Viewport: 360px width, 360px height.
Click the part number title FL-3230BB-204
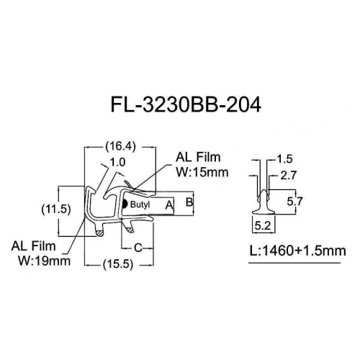click(186, 105)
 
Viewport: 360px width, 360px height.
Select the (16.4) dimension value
click(120, 146)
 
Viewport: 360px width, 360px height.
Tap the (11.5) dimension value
click(56, 210)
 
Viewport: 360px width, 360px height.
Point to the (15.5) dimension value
click(118, 264)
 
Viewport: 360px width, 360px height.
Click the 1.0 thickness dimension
click(117, 162)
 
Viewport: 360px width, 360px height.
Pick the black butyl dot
click(125, 204)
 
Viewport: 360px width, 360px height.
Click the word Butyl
click(140, 204)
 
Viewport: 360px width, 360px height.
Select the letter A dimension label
click(169, 205)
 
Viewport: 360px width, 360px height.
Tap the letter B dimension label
click(189, 202)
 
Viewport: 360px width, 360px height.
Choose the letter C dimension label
click(138, 248)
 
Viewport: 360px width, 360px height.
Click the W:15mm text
click(202, 172)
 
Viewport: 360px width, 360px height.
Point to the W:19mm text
click(45, 261)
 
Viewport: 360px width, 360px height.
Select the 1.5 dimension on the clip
click(284, 159)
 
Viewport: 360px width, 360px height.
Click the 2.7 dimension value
click(289, 176)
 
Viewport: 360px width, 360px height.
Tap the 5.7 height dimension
click(294, 201)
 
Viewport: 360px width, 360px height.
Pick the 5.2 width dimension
click(263, 225)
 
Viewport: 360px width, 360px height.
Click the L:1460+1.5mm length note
click(298, 251)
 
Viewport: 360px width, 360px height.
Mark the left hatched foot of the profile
click(99, 233)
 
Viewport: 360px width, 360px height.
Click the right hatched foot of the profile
click(130, 230)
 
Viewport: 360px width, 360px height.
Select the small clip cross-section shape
click(264, 202)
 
